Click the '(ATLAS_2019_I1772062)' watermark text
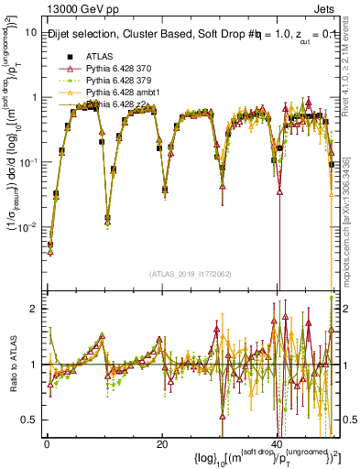pos(190,274)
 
